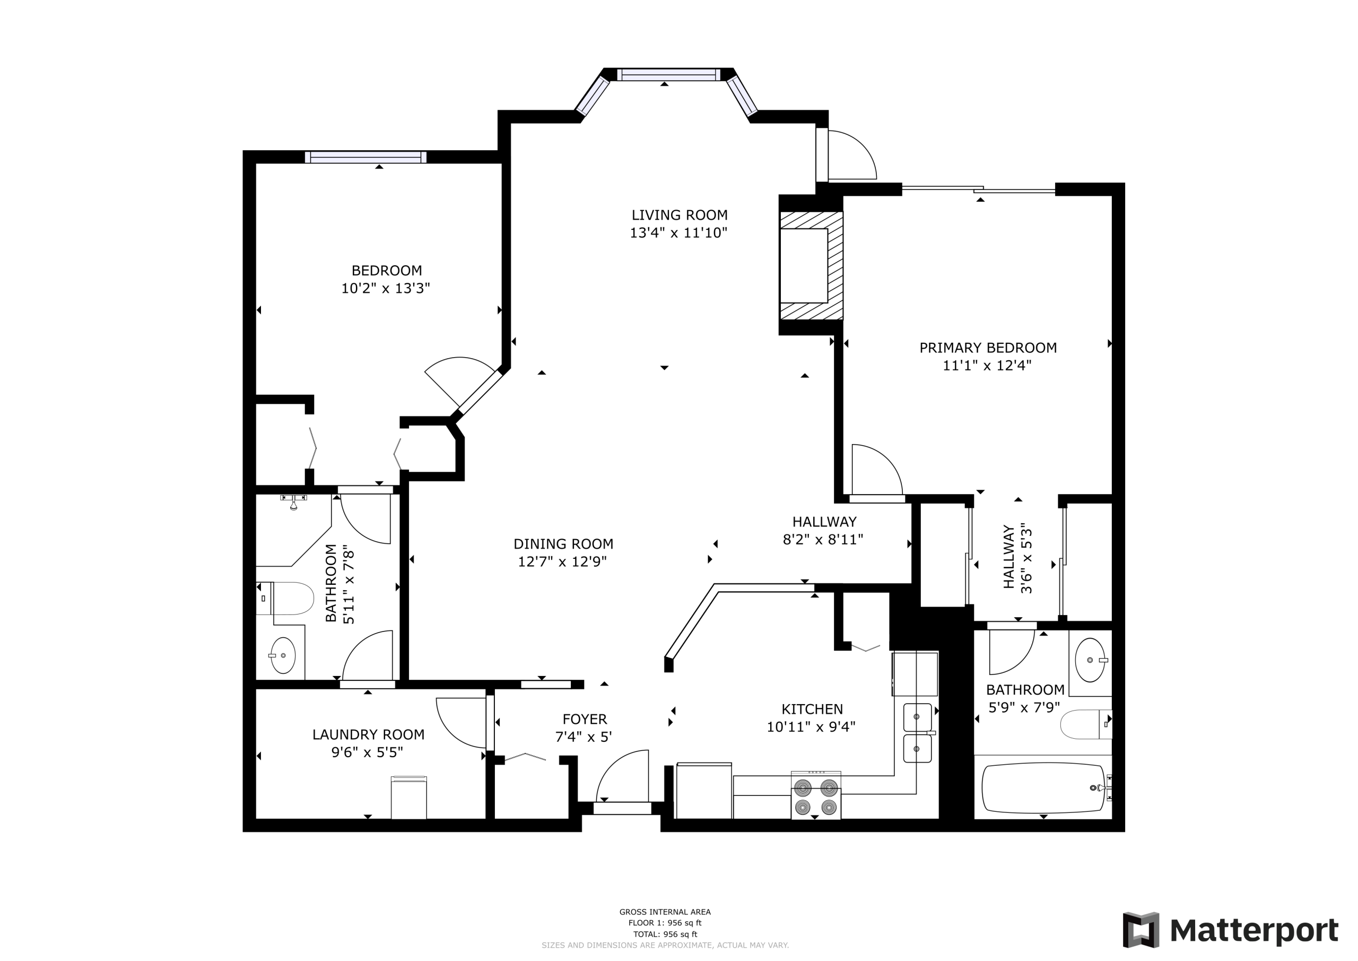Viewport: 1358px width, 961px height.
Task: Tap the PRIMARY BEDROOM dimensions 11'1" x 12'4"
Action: pyautogui.click(x=987, y=366)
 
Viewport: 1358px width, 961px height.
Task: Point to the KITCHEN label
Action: pyautogui.click(x=812, y=709)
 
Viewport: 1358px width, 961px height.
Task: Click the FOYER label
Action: pyautogui.click(x=585, y=719)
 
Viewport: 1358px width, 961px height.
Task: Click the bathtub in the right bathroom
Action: pyautogui.click(x=1043, y=788)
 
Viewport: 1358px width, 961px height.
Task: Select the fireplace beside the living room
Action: pyautogui.click(x=811, y=266)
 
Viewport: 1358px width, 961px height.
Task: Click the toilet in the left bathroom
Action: pyautogui.click(x=284, y=598)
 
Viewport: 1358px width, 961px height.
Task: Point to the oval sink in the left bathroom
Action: pyautogui.click(x=283, y=656)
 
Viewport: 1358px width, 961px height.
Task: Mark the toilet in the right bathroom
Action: pyautogui.click(x=1086, y=724)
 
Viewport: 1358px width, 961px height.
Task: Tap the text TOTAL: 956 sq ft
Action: pyautogui.click(x=665, y=934)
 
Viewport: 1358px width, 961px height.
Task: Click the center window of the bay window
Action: pyautogui.click(x=669, y=75)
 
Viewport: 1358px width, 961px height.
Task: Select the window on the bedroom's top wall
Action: pyautogui.click(x=365, y=157)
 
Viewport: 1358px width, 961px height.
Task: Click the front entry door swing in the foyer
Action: pyautogui.click(x=622, y=776)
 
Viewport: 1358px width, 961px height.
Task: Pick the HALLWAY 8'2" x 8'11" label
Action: pyautogui.click(x=824, y=531)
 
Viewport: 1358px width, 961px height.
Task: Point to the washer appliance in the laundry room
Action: pyautogui.click(x=408, y=798)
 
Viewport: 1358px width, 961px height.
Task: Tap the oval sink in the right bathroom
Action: pyautogui.click(x=1090, y=660)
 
